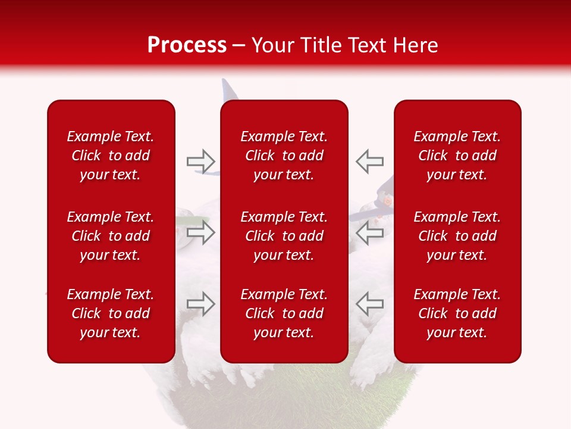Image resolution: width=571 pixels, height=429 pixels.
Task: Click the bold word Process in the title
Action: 187,45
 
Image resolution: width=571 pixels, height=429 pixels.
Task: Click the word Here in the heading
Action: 415,45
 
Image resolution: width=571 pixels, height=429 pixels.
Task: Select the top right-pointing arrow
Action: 200,161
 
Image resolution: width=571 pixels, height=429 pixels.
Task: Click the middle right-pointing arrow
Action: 200,232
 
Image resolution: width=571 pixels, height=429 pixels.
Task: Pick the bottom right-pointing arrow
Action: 200,304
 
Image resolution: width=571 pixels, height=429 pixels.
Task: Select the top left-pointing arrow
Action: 370,161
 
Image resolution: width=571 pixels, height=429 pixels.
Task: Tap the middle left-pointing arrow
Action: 370,232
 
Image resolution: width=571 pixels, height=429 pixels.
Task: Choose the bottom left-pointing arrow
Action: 370,304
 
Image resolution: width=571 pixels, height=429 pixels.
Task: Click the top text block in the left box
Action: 111,156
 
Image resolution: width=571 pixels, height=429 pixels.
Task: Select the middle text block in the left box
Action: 111,236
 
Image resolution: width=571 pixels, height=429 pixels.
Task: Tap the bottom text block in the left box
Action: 111,313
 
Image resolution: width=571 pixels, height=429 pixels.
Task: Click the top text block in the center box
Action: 284,156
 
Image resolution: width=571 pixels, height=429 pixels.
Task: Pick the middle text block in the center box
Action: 284,236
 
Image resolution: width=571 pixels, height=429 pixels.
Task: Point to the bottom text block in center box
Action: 284,313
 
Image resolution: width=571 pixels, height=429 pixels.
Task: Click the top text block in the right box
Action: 457,156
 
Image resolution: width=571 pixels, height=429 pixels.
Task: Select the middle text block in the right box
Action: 457,236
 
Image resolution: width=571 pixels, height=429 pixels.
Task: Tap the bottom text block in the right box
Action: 457,313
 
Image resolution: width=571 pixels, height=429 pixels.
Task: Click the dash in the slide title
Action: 239,46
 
